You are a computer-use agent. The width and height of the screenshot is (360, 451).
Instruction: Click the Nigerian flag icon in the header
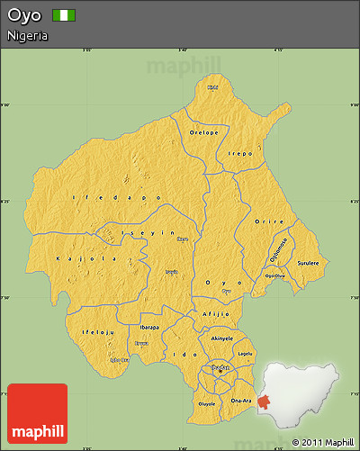pyautogui.click(x=64, y=15)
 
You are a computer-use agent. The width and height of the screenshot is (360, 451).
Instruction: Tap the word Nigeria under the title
pyautogui.click(x=27, y=35)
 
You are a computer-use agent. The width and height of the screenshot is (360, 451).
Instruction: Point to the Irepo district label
pyautogui.click(x=238, y=154)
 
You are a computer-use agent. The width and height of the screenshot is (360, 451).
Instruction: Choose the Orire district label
pyautogui.click(x=268, y=221)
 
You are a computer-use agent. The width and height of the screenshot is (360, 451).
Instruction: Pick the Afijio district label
pyautogui.click(x=216, y=313)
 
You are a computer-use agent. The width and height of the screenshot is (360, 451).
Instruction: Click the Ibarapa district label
pyautogui.click(x=149, y=327)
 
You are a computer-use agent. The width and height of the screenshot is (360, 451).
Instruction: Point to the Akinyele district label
pyautogui.click(x=221, y=338)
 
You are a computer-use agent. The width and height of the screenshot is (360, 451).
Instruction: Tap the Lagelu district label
pyautogui.click(x=245, y=354)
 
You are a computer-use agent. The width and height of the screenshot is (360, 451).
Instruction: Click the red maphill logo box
pyautogui.click(x=37, y=412)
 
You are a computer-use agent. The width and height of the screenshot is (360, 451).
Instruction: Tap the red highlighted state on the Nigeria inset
pyautogui.click(x=263, y=402)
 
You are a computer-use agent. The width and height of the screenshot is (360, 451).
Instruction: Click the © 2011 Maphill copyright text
pyautogui.click(x=322, y=442)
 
